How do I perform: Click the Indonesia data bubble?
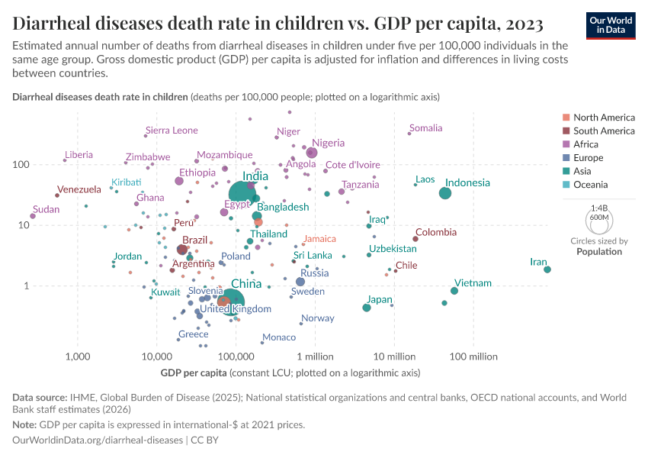(x=445, y=193)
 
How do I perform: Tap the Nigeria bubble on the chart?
(x=312, y=153)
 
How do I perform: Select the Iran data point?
(x=547, y=269)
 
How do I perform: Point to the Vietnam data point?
(x=454, y=291)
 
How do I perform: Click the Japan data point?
(x=367, y=308)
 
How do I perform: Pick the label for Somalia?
(x=425, y=128)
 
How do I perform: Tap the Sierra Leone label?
(x=172, y=131)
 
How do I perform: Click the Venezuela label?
(x=79, y=189)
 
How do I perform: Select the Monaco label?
(x=278, y=337)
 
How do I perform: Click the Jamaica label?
(x=319, y=239)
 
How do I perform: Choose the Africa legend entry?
(x=586, y=144)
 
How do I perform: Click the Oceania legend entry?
(x=590, y=185)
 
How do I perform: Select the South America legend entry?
(x=603, y=131)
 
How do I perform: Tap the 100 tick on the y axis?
(x=41, y=165)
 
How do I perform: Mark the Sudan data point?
(x=33, y=216)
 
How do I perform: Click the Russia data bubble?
(x=300, y=282)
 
